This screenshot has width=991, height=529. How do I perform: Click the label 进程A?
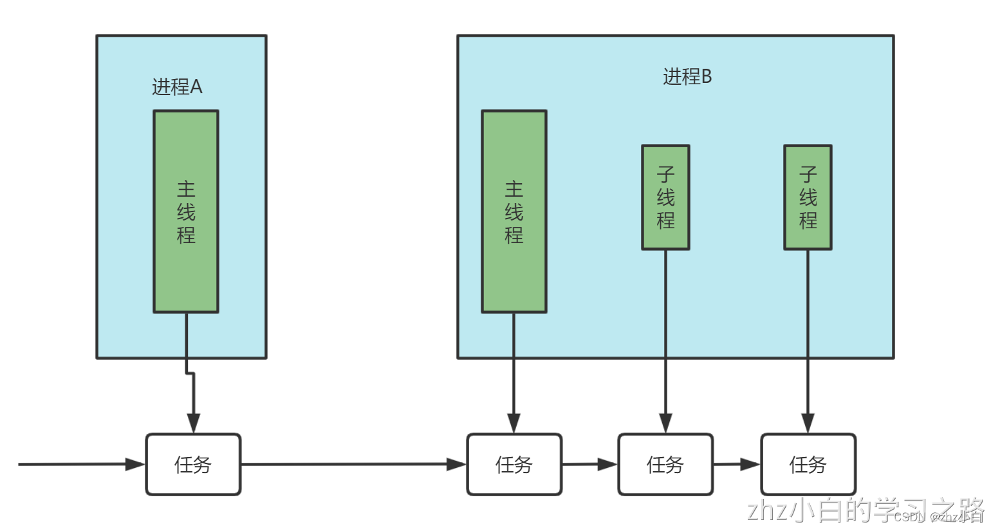pyautogui.click(x=177, y=87)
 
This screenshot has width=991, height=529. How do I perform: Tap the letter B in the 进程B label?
pyautogui.click(x=706, y=76)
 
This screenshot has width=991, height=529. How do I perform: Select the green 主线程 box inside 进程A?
pyautogui.click(x=186, y=211)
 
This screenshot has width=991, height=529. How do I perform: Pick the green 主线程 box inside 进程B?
pyautogui.click(x=514, y=211)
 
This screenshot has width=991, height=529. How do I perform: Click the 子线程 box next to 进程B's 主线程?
pyautogui.click(x=665, y=197)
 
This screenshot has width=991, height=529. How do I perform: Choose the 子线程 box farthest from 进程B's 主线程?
pyautogui.click(x=808, y=197)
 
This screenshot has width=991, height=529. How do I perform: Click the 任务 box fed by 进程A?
pyautogui.click(x=193, y=464)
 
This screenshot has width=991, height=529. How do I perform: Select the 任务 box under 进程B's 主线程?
pyautogui.click(x=514, y=464)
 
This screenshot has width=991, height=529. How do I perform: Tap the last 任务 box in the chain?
pyautogui.click(x=808, y=464)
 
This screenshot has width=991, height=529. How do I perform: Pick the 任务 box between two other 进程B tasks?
pyautogui.click(x=665, y=464)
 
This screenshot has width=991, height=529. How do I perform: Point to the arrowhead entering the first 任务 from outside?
pyautogui.click(x=136, y=464)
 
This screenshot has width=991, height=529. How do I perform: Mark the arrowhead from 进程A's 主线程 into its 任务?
pyautogui.click(x=193, y=424)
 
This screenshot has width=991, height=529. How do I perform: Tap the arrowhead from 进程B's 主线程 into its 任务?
pyautogui.click(x=514, y=424)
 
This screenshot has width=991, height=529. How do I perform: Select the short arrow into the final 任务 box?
pyautogui.click(x=737, y=464)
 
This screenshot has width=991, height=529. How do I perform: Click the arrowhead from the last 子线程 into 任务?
pyautogui.click(x=808, y=424)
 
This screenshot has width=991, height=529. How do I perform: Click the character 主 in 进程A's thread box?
pyautogui.click(x=186, y=189)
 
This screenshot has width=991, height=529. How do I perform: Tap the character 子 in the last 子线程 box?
pyautogui.click(x=808, y=174)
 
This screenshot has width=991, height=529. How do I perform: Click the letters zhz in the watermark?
pyautogui.click(x=767, y=510)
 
